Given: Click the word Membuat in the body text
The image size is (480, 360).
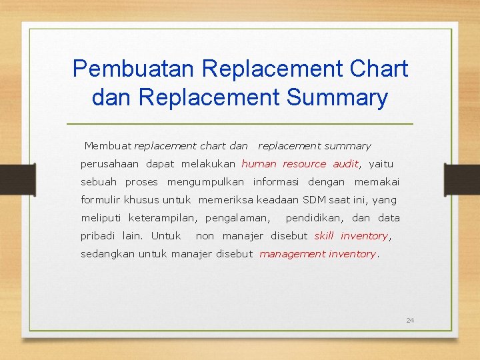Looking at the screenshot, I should [108, 146].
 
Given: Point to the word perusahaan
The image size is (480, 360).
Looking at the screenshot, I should [109, 164].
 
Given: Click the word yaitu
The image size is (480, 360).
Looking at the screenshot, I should [381, 164].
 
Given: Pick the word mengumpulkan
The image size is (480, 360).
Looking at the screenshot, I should [205, 182].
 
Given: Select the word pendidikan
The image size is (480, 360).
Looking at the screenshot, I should [315, 218].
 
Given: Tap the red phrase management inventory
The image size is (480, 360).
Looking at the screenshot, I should [317, 254].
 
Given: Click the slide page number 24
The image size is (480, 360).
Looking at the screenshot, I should [410, 321].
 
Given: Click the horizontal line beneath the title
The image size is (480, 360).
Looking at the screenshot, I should [240, 125].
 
